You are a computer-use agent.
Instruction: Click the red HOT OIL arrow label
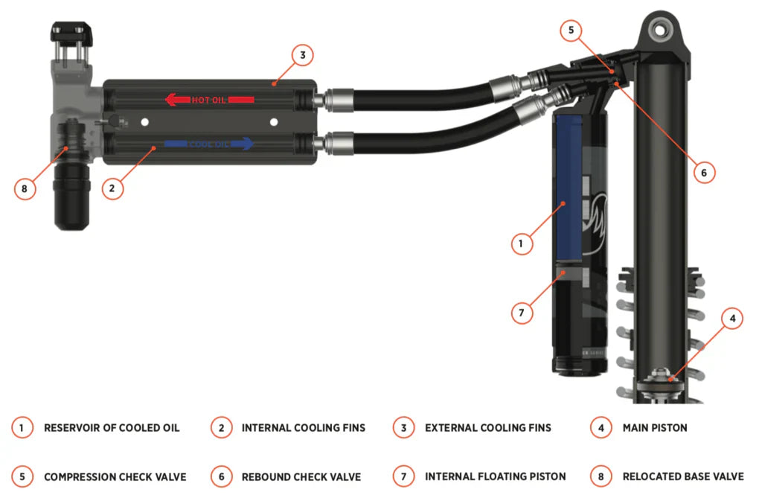pyautogui.click(x=209, y=100)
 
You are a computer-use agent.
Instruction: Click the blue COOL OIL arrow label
pyautogui.click(x=209, y=144)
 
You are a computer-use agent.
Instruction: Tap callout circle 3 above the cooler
pyautogui.click(x=302, y=55)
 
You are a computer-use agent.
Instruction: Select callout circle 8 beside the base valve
pyautogui.click(x=25, y=188)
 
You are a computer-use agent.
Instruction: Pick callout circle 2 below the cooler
pyautogui.click(x=112, y=188)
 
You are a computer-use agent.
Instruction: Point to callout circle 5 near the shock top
pyautogui.click(x=571, y=31)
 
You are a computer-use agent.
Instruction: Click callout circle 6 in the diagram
pyautogui.click(x=704, y=173)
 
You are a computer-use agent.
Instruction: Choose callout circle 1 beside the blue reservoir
pyautogui.click(x=522, y=243)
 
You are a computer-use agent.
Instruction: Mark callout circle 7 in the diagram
pyautogui.click(x=522, y=313)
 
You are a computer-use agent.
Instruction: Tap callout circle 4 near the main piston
pyautogui.click(x=732, y=319)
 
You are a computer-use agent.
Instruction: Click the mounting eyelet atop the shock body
pyautogui.click(x=660, y=31)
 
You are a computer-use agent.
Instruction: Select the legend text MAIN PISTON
pyautogui.click(x=655, y=428)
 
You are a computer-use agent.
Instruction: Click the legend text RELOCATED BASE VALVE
pyautogui.click(x=683, y=476)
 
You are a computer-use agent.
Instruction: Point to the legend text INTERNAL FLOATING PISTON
pyautogui.click(x=495, y=476)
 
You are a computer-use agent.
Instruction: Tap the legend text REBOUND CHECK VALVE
pyautogui.click(x=301, y=477)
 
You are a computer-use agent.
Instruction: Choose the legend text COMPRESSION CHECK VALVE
pyautogui.click(x=115, y=477)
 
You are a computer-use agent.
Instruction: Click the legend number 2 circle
pyautogui.click(x=222, y=428)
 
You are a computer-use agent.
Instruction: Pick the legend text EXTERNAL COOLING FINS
pyautogui.click(x=488, y=428)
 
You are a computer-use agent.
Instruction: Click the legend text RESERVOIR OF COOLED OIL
pyautogui.click(x=112, y=428)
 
